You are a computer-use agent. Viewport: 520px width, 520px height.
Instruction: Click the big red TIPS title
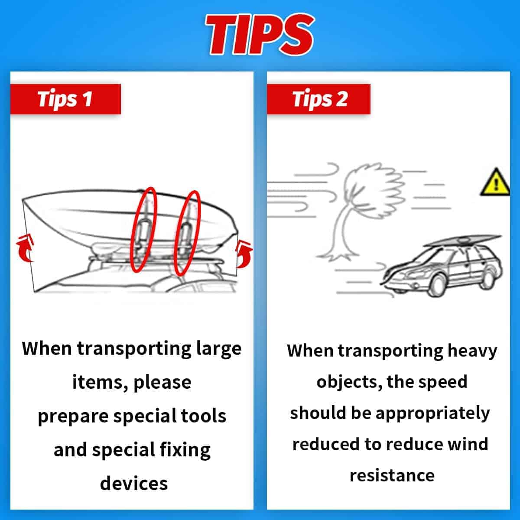coord(260,34)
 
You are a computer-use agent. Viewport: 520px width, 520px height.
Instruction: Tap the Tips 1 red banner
coord(65,99)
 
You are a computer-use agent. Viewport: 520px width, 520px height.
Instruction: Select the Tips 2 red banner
coord(318,99)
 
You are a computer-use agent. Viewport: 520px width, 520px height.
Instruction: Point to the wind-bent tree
coord(361,211)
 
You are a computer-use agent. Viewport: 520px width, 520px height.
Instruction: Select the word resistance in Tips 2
coord(392,475)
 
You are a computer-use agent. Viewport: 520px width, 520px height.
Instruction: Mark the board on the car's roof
coord(462,240)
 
